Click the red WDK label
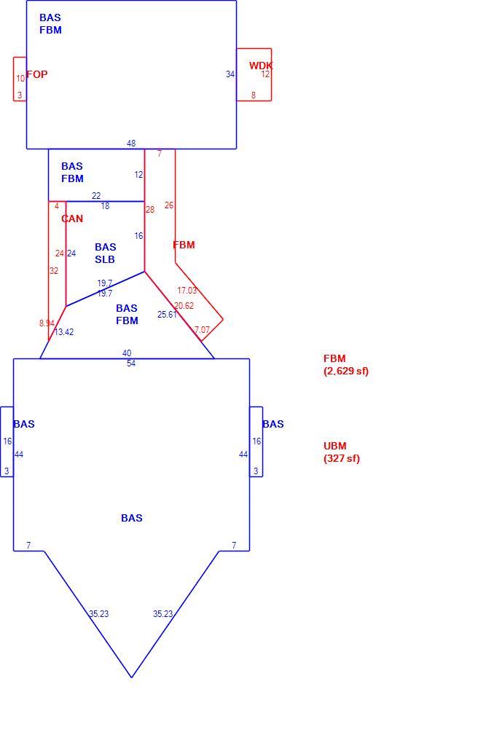(x=261, y=66)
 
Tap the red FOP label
(x=37, y=74)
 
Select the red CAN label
(x=72, y=219)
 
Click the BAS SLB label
(x=105, y=253)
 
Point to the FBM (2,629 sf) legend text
(x=346, y=365)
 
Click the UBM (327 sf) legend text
(x=342, y=452)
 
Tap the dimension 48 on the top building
(x=131, y=143)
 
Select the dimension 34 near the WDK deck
(x=230, y=74)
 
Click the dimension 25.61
(x=167, y=314)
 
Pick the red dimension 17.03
(x=187, y=290)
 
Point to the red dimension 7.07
(x=202, y=329)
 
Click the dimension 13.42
(x=64, y=331)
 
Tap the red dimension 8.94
(x=47, y=323)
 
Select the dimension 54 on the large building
(x=131, y=363)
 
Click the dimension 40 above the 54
(x=127, y=353)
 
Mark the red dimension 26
(x=169, y=205)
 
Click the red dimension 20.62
(x=184, y=306)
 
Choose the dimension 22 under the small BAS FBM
(x=96, y=195)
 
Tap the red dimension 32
(x=54, y=270)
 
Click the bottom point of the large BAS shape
(x=131, y=677)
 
